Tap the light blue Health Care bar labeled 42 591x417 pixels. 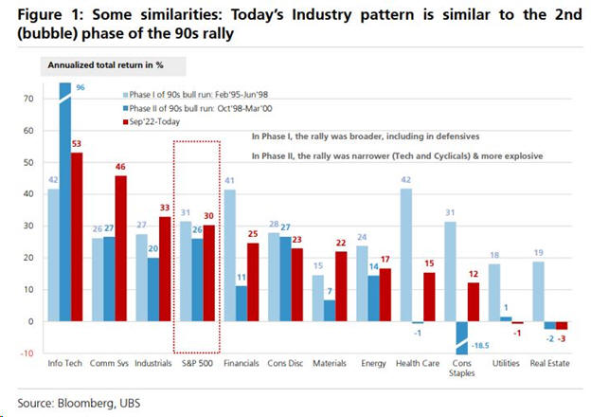click(405, 255)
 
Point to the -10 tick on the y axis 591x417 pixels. click(28, 354)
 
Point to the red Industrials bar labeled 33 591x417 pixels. click(167, 269)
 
